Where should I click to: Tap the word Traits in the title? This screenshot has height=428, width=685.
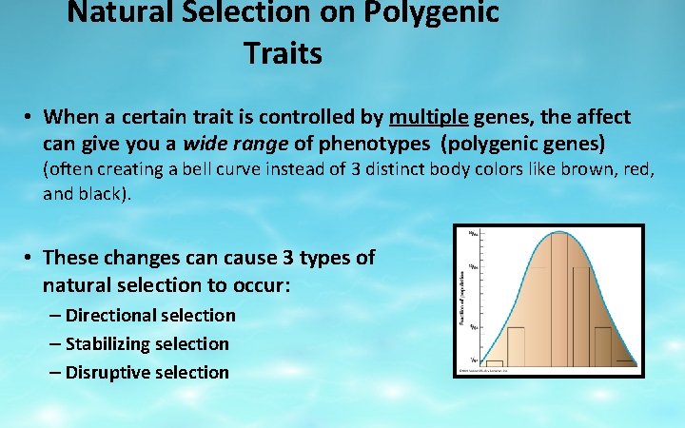click(x=283, y=54)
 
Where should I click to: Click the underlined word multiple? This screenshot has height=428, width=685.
click(x=429, y=117)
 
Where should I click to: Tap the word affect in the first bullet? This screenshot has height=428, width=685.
click(x=600, y=117)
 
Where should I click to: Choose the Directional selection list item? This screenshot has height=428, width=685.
click(x=150, y=315)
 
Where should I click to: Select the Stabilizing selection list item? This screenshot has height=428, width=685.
click(x=147, y=343)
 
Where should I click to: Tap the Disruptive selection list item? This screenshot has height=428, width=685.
click(x=147, y=372)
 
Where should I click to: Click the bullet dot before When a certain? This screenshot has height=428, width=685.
click(x=30, y=118)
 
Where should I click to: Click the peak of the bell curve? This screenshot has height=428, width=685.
click(x=550, y=233)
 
